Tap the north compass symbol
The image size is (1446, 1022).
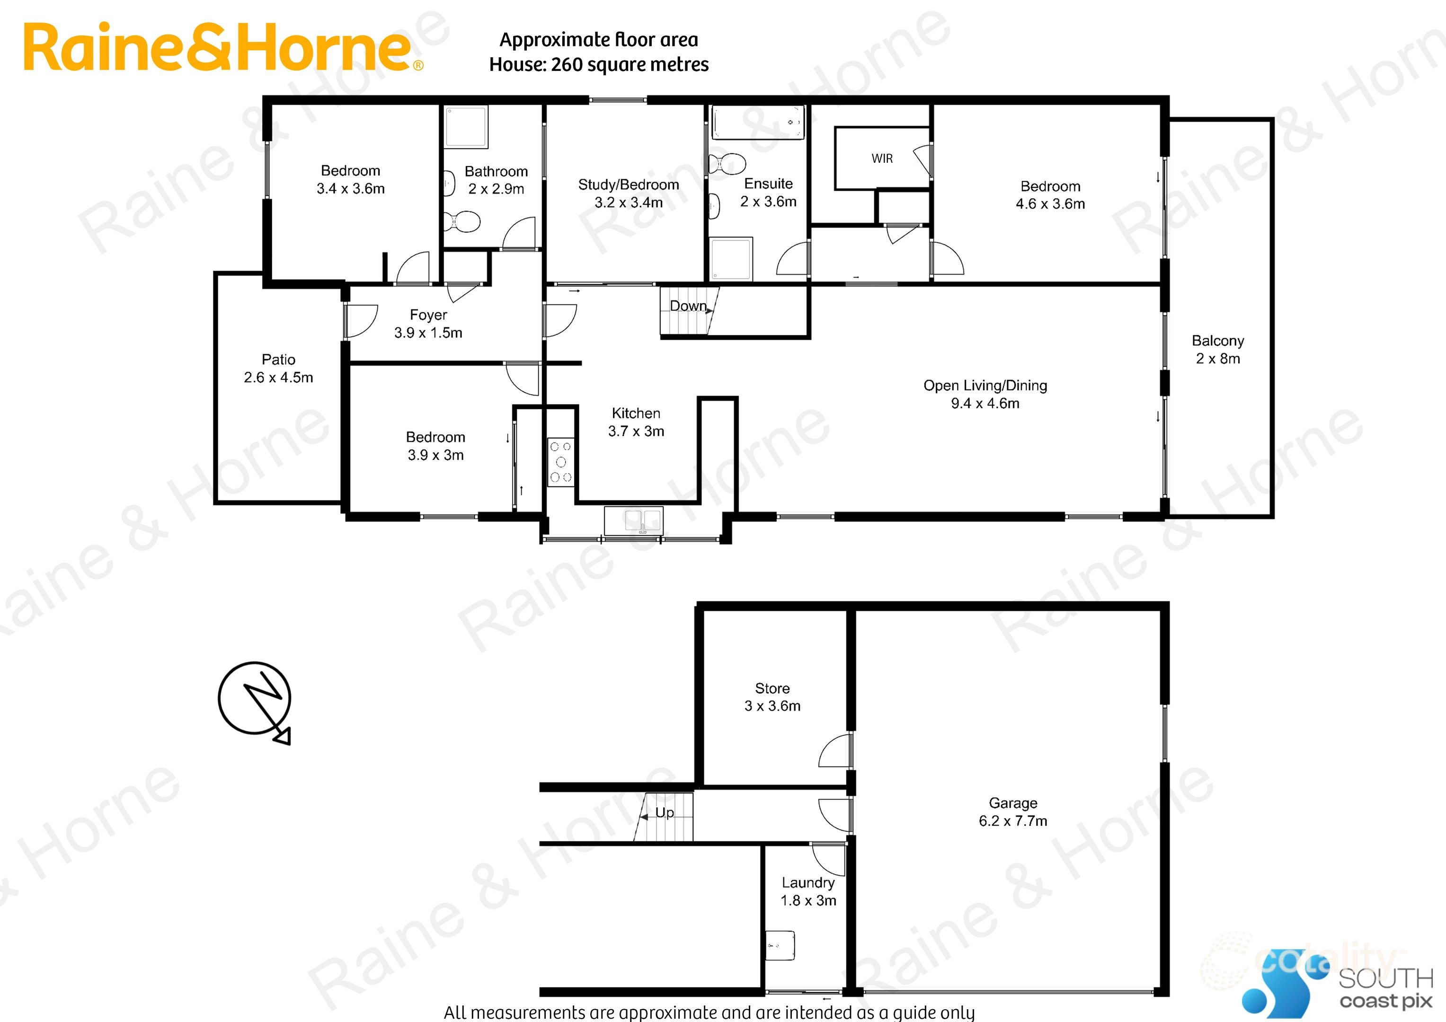pyautogui.click(x=255, y=699)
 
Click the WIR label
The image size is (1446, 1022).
pyautogui.click(x=882, y=159)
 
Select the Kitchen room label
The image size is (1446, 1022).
pyautogui.click(x=636, y=414)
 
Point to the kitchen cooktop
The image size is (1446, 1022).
pyautogui.click(x=560, y=462)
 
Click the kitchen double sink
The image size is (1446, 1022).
pyautogui.click(x=634, y=520)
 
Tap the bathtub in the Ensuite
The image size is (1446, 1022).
pyautogui.click(x=758, y=122)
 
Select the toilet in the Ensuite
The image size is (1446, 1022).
pyautogui.click(x=727, y=164)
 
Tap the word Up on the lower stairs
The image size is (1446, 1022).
pyautogui.click(x=665, y=813)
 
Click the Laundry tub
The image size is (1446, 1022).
pyautogui.click(x=780, y=946)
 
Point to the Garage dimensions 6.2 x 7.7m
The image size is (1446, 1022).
pyautogui.click(x=1013, y=821)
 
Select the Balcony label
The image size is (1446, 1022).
pyautogui.click(x=1217, y=341)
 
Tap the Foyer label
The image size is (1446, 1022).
pyautogui.click(x=428, y=315)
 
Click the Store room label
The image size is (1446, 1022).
pyautogui.click(x=772, y=688)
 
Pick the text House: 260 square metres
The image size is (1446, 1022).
pyautogui.click(x=598, y=65)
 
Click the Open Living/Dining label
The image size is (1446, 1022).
pyautogui.click(x=985, y=385)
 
